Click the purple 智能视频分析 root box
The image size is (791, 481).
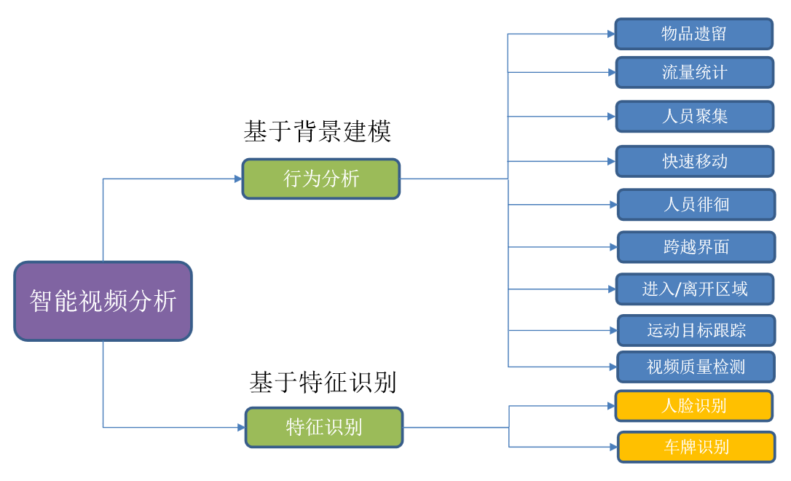pos(103,301)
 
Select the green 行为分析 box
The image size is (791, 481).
pos(320,179)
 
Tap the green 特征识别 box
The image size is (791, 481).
pos(324,428)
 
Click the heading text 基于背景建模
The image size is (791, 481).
pos(318,132)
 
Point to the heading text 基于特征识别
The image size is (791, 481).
pos(323,382)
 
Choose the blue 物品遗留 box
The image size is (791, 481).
pos(693,34)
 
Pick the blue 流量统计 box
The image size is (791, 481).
pos(695,72)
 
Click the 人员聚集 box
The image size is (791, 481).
pos(695,116)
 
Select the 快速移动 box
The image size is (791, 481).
pos(695,161)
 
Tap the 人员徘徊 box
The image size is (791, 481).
pos(696,204)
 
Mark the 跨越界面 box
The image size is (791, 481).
pos(696,247)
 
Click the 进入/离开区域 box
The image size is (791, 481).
pos(695,289)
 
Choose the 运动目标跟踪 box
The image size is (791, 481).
pos(696,330)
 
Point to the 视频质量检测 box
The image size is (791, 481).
pos(696,367)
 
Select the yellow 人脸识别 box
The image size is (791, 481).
pos(693,406)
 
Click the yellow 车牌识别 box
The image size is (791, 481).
pos(696,447)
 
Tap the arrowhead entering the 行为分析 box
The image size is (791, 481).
pos(239,179)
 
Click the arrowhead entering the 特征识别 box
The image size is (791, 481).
pos(242,428)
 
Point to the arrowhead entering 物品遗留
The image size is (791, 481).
pos(611,34)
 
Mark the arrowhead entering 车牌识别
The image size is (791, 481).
pos(614,447)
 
